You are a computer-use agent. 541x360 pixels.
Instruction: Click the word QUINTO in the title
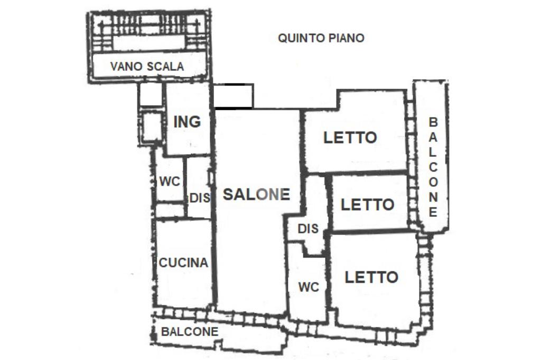pyautogui.click(x=300, y=38)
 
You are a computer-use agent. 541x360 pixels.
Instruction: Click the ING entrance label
pyautogui.click(x=187, y=122)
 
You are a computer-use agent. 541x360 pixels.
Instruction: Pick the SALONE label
pyautogui.click(x=256, y=194)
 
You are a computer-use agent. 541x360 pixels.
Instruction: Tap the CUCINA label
pyautogui.click(x=183, y=263)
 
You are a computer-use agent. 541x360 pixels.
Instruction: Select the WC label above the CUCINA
pyautogui.click(x=170, y=182)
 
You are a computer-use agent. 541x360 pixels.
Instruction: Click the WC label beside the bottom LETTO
pyautogui.click(x=309, y=287)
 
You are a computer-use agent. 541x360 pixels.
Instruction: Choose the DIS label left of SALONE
pyautogui.click(x=200, y=198)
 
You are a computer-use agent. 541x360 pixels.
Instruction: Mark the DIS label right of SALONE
pyautogui.click(x=308, y=229)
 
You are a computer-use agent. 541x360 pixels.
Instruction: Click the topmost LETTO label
pyautogui.click(x=350, y=138)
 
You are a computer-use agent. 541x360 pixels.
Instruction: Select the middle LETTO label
pyautogui.click(x=368, y=205)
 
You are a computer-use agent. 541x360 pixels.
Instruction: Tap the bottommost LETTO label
pyautogui.click(x=371, y=277)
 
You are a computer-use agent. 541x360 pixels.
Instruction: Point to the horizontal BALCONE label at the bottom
pyautogui.click(x=190, y=331)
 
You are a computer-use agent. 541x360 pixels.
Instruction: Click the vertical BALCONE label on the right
pyautogui.click(x=433, y=167)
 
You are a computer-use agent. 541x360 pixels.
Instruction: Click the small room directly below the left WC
pyautogui.click(x=170, y=211)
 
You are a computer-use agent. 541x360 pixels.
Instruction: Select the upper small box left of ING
pyautogui.click(x=151, y=94)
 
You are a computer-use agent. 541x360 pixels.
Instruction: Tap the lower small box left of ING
pyautogui.click(x=152, y=127)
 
